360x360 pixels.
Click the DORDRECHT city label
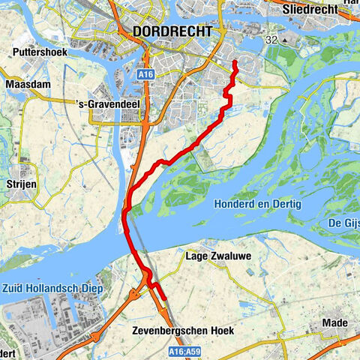(x=171, y=31)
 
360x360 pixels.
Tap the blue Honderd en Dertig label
(x=257, y=204)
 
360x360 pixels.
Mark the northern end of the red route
(x=235, y=61)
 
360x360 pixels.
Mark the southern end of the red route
(x=163, y=299)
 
